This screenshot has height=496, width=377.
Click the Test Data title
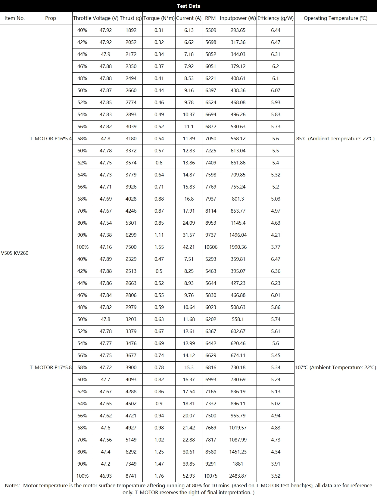(x=188, y=6)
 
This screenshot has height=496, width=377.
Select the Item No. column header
(x=14, y=18)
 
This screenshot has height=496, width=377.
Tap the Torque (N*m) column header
(x=159, y=18)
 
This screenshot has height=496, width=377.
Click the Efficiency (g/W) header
(x=275, y=18)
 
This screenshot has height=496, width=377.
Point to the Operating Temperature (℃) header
(x=335, y=18)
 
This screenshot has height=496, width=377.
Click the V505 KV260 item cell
(x=14, y=253)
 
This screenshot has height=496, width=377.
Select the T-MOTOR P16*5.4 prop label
(x=51, y=139)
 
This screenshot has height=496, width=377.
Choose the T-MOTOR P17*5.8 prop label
(x=51, y=367)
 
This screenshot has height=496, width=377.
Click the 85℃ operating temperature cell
(x=335, y=139)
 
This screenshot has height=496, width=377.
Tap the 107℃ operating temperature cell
(x=335, y=367)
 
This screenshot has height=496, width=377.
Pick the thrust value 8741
(x=131, y=476)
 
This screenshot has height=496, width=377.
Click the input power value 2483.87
(x=238, y=476)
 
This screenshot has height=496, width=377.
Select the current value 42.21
(x=189, y=247)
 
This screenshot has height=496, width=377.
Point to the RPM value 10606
(x=211, y=247)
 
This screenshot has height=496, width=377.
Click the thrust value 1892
(x=131, y=30)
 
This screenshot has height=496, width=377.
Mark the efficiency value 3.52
(x=276, y=476)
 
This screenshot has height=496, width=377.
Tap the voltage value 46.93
(x=106, y=476)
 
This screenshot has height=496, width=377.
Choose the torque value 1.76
(x=159, y=476)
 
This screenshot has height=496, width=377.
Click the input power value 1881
(x=238, y=464)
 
